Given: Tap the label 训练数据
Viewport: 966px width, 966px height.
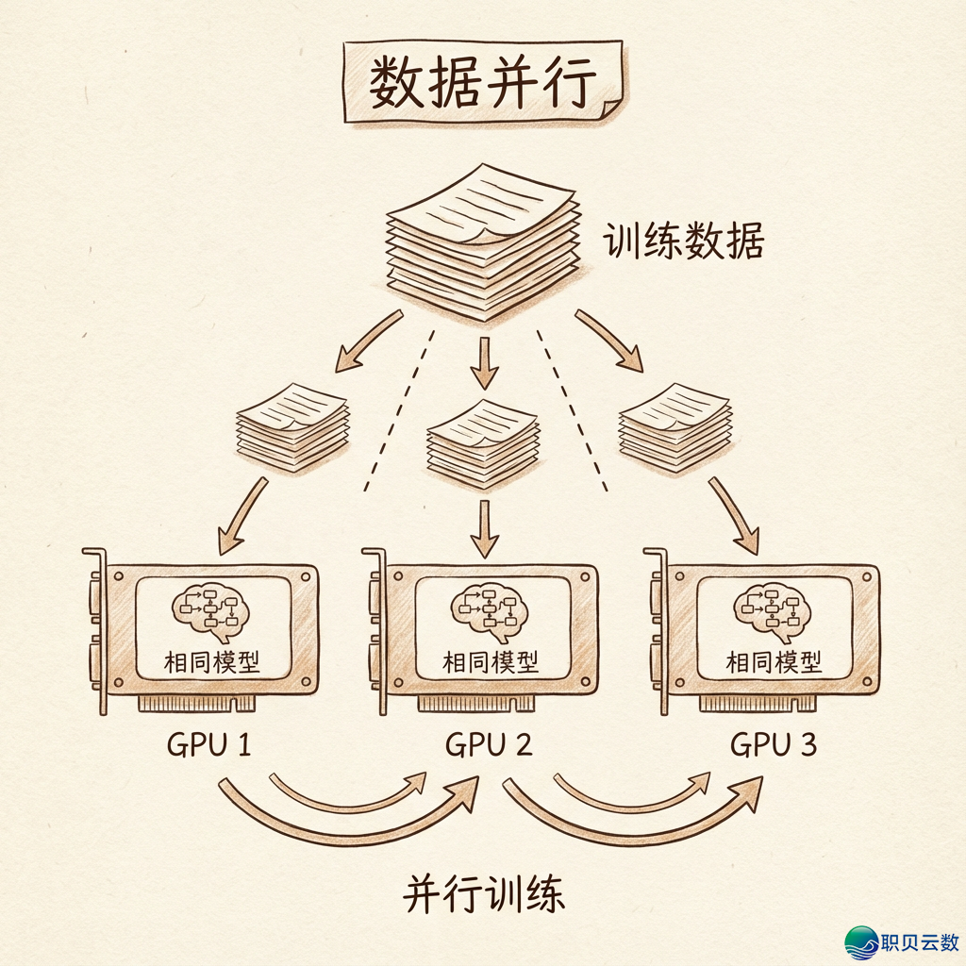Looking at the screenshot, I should coord(683,241).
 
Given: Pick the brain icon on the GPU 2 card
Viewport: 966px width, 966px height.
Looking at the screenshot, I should coord(489,610).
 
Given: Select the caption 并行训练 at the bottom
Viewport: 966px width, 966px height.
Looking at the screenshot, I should coord(484,893).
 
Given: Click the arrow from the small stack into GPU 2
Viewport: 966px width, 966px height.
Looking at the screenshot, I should coord(484,528).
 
